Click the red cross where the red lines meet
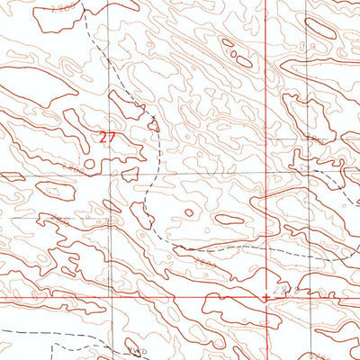[x=265, y=296]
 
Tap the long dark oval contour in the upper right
[x=320, y=28]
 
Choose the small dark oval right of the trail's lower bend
[x=229, y=219]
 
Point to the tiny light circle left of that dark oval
[x=189, y=213]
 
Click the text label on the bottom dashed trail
[x=134, y=348]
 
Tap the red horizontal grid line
[x=135, y=297]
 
